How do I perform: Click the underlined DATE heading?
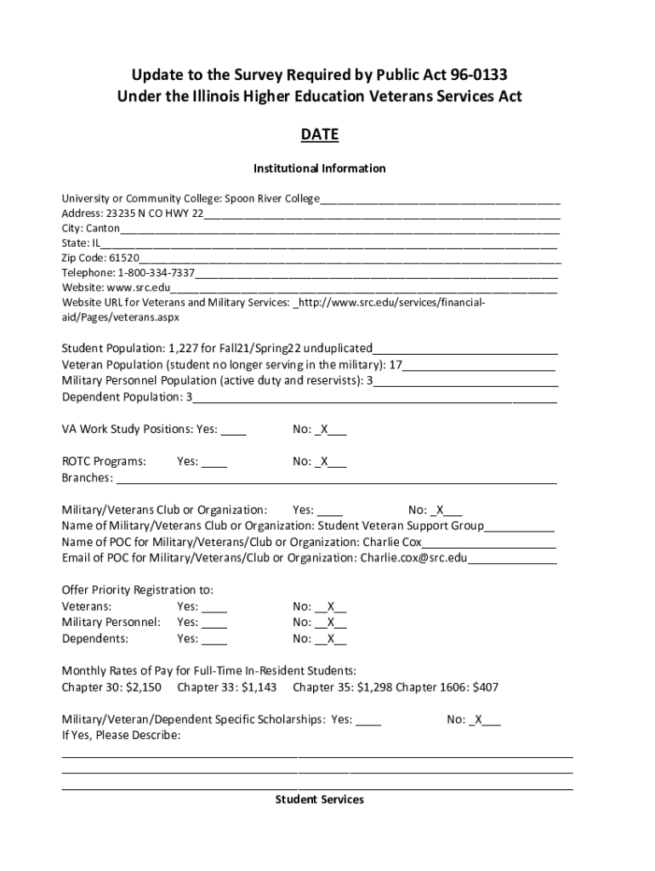[320, 134]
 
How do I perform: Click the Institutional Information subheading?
[320, 168]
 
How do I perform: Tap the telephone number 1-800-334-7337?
[157, 273]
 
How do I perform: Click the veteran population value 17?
[396, 365]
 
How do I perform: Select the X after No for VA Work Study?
[324, 430]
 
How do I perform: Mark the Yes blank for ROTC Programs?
[214, 462]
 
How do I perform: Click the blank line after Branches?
[336, 478]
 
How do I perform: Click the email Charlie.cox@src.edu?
[414, 558]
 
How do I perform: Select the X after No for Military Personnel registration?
[331, 623]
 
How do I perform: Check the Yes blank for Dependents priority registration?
[214, 639]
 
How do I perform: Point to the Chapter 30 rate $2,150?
[144, 686]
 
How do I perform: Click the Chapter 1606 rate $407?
[485, 686]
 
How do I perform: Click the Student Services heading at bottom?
[320, 800]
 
